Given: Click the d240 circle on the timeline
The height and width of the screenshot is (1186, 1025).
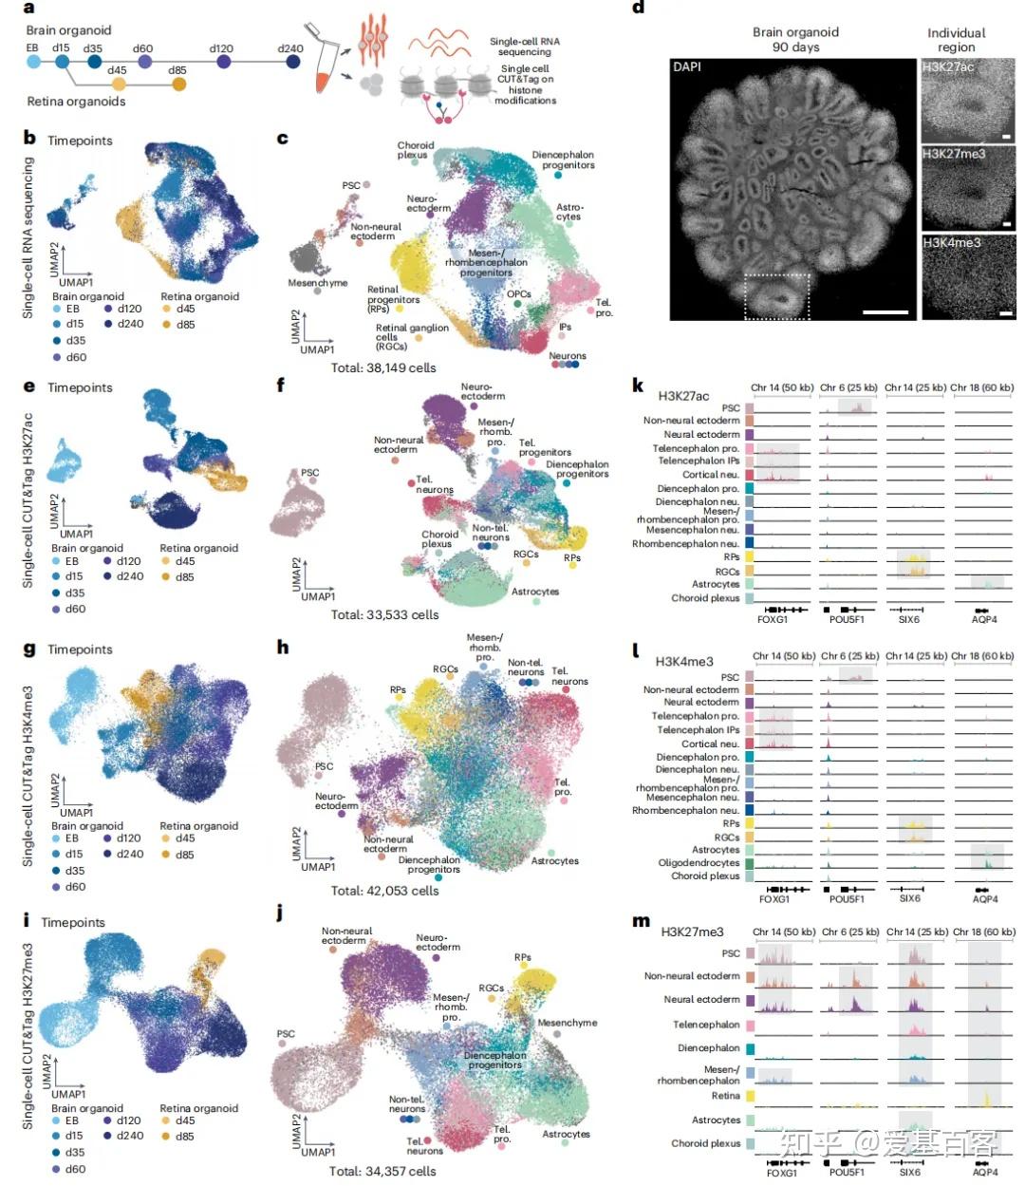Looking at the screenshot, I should (x=292, y=62).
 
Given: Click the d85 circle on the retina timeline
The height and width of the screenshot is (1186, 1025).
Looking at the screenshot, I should (x=179, y=85).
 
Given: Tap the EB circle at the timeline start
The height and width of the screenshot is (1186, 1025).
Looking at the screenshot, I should (x=32, y=62).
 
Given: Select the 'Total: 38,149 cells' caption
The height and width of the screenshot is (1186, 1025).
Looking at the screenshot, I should (x=383, y=367).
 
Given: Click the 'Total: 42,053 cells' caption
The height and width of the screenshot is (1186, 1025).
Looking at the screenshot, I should (x=384, y=891).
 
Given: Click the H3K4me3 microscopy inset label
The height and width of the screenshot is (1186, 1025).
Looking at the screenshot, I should (x=952, y=242).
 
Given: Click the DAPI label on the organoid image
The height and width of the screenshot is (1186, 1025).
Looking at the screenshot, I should (x=688, y=66).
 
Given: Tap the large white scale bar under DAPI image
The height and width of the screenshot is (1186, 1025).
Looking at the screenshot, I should (x=885, y=311).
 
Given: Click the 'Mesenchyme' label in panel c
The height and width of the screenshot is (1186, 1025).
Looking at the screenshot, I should (x=318, y=283).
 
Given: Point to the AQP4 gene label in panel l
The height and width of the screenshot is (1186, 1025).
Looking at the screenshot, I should (x=985, y=898).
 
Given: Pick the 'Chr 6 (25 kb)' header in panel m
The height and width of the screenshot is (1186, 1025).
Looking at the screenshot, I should (x=850, y=932).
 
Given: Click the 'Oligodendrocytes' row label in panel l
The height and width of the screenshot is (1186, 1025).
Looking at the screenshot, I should (x=699, y=863).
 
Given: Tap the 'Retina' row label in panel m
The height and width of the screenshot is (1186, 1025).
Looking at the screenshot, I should (x=725, y=1096).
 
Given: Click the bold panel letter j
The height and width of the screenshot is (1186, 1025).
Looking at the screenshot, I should (x=279, y=914).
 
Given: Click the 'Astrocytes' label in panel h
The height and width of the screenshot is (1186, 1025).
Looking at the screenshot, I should (x=555, y=861).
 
